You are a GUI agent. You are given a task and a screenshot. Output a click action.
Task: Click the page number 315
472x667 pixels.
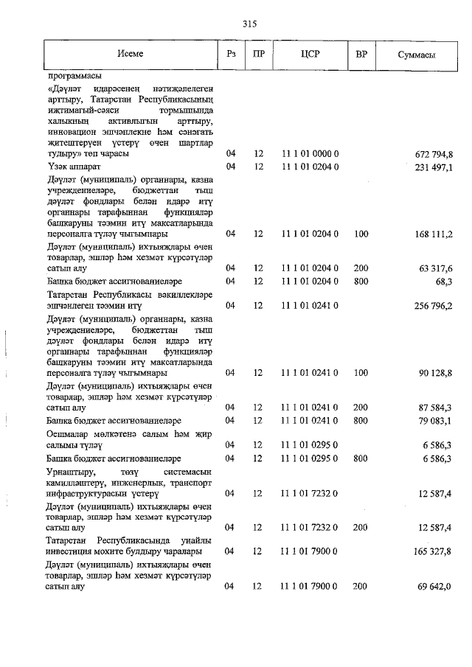tap(249, 24)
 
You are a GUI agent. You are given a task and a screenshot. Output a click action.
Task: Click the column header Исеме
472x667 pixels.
tap(130, 55)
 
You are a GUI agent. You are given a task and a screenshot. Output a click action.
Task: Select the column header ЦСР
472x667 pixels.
tap(310, 55)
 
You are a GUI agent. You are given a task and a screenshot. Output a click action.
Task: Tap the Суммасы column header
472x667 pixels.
tap(416, 55)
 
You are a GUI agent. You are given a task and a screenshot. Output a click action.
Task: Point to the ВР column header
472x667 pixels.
tap(361, 55)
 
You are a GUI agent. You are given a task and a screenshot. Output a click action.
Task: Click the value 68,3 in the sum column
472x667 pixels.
tap(443, 281)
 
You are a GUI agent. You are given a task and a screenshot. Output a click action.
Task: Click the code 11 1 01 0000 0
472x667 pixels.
tap(310, 154)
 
